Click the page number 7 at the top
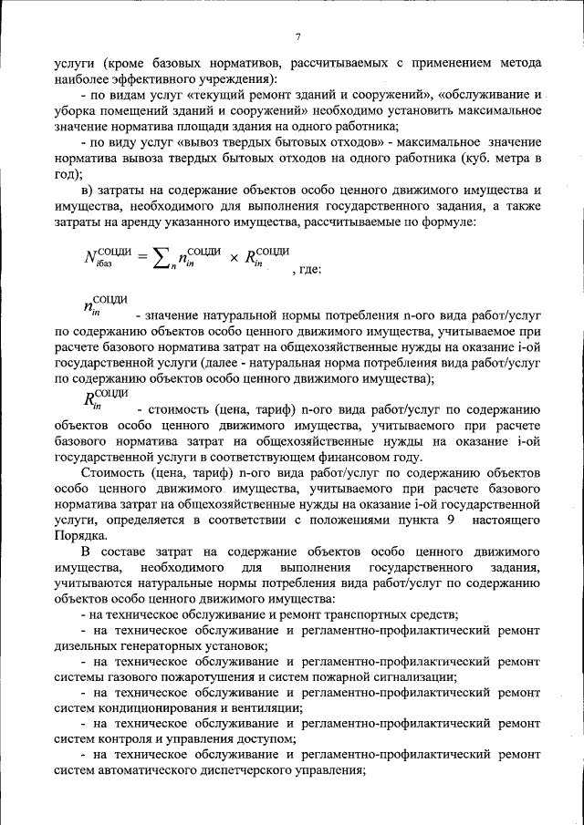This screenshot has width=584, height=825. point(297,36)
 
